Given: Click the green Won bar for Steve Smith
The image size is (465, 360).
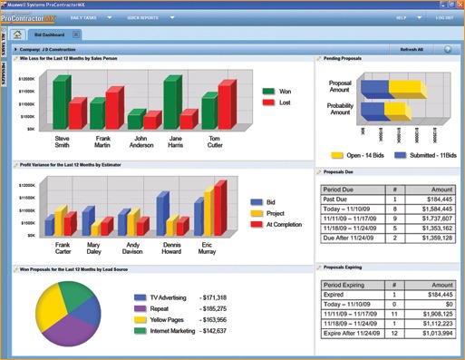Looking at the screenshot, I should (x=61, y=102).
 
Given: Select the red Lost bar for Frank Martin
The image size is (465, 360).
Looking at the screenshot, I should (x=113, y=109).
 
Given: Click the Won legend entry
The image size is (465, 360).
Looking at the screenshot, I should (x=281, y=92).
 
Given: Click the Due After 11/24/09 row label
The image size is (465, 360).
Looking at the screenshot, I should (x=350, y=238).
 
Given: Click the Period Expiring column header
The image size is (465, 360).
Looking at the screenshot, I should (x=348, y=285).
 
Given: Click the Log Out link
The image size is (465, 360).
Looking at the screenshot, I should (x=444, y=17).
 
